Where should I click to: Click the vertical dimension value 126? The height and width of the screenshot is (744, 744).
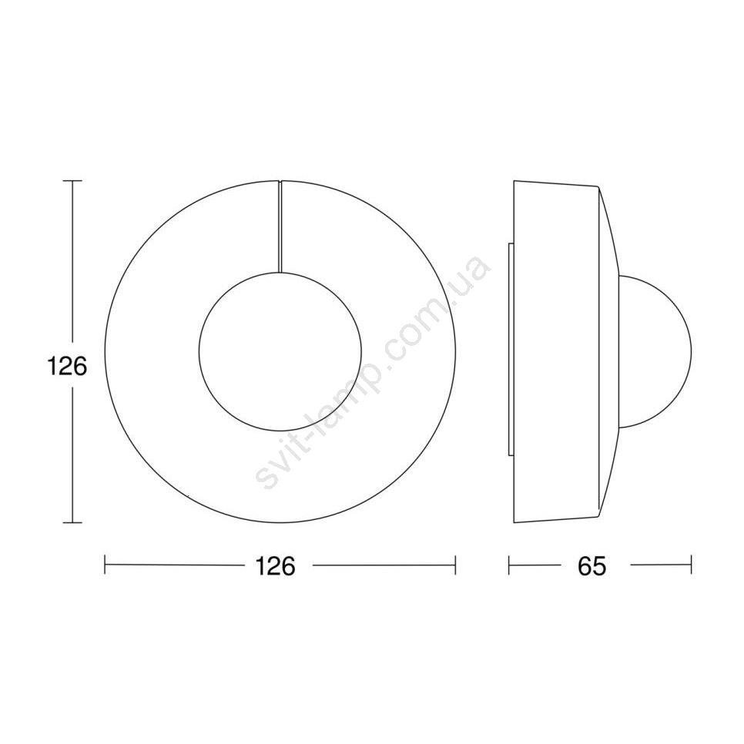tap(67, 367)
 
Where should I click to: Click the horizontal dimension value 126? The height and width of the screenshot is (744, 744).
tap(275, 565)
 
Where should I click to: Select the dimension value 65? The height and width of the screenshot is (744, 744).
tap(592, 565)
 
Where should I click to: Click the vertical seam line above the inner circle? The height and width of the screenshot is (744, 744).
tap(280, 226)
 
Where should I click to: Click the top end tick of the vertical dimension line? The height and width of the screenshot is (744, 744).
tap(72, 181)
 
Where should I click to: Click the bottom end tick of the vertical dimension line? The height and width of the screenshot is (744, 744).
tap(72, 522)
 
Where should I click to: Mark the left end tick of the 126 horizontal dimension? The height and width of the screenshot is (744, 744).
tap(105, 565)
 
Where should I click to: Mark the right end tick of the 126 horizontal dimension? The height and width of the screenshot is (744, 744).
tap(455, 565)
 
